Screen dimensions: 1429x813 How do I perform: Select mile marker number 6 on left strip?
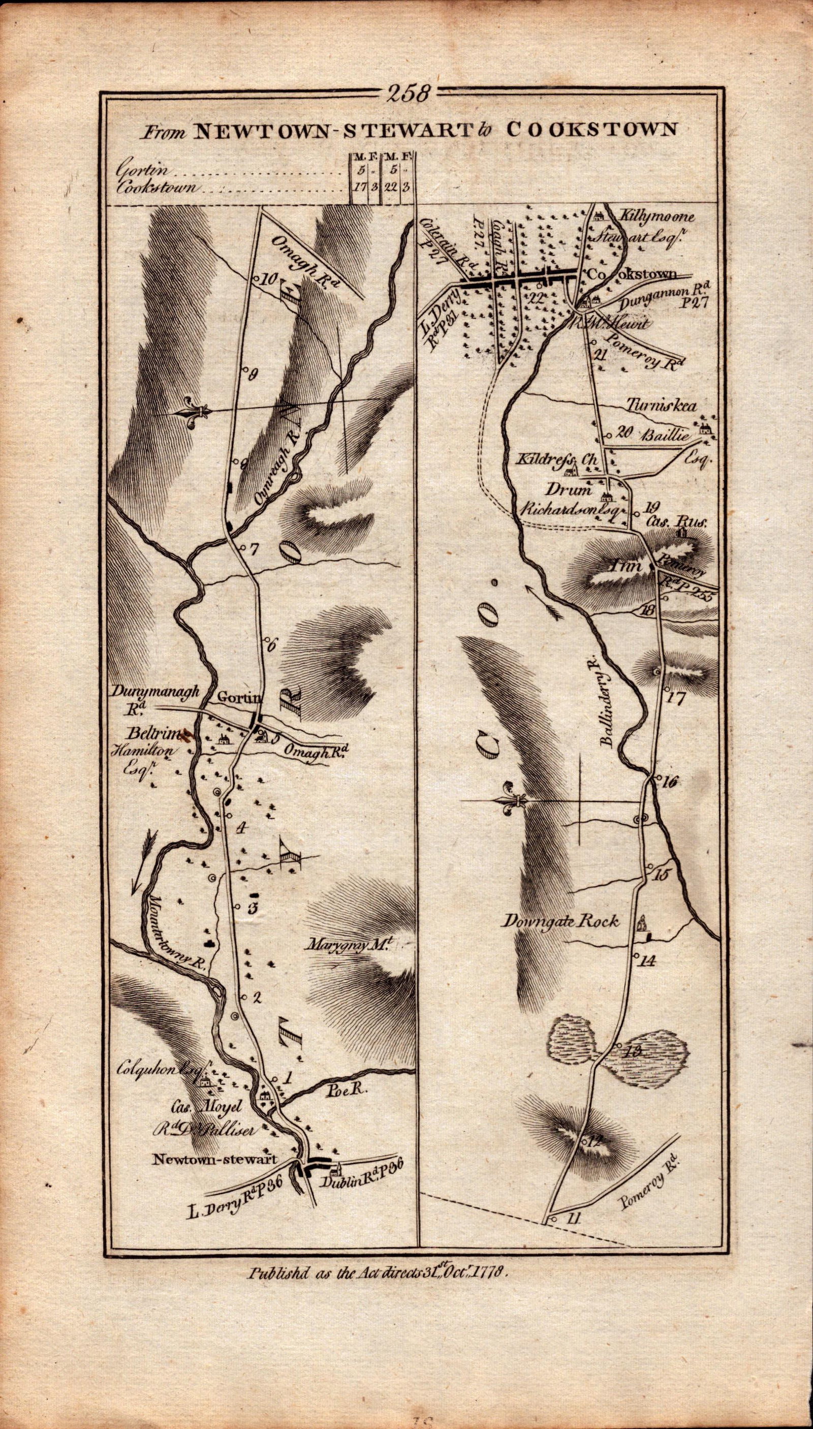click(272, 646)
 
